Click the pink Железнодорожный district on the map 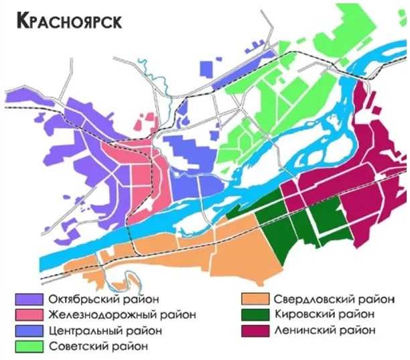tap(137, 178)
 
